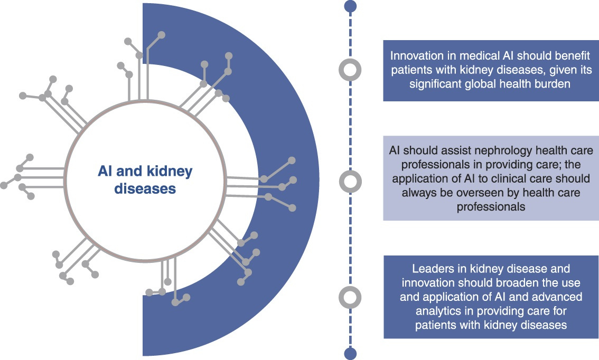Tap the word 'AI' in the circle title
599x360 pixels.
pos(106,171)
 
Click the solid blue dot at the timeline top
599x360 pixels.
pos(350,6)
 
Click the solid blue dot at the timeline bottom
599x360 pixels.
pos(350,353)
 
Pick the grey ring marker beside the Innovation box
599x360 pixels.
pos(350,69)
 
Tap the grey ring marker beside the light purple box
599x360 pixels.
pos(350,182)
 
